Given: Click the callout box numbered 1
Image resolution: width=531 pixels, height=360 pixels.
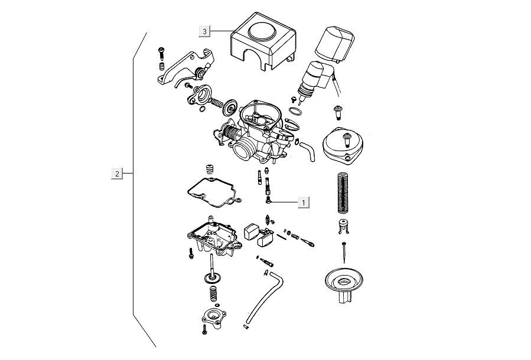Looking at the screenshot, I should point(304,202).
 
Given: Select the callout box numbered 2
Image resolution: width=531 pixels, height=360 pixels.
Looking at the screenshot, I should point(118,174).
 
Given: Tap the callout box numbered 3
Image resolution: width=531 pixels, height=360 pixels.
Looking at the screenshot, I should point(204,31).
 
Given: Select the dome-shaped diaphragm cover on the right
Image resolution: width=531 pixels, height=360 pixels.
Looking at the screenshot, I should point(343,145).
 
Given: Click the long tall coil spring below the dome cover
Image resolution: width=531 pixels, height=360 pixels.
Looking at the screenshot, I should point(343,192).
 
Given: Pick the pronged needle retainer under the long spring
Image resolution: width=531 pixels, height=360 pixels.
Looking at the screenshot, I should point(343,225).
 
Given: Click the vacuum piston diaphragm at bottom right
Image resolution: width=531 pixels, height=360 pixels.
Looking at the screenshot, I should point(343,286).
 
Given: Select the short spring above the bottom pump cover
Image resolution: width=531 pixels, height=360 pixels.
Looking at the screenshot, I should point(211,292).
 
